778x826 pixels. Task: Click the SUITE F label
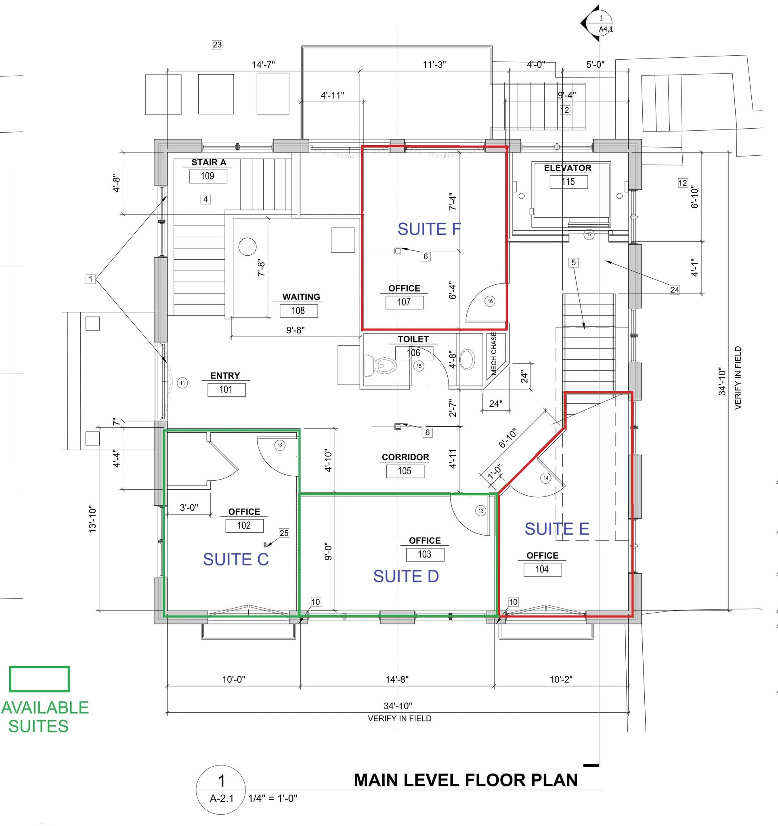click(429, 229)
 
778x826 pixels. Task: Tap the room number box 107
click(404, 302)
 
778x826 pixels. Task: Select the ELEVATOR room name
click(567, 168)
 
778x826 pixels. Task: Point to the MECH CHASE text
click(494, 353)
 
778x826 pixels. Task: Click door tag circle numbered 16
click(490, 301)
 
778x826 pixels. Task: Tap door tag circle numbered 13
click(481, 511)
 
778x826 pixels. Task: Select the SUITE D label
click(406, 576)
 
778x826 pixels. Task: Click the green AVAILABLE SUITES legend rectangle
click(40, 679)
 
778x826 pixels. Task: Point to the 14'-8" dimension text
click(397, 679)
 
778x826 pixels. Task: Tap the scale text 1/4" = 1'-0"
click(273, 798)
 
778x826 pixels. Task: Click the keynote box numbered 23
click(217, 44)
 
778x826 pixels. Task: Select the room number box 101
click(226, 389)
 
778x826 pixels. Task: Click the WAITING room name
click(301, 297)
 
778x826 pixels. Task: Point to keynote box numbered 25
click(284, 533)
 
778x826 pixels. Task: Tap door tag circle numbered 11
click(182, 383)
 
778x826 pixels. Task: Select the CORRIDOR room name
click(405, 457)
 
